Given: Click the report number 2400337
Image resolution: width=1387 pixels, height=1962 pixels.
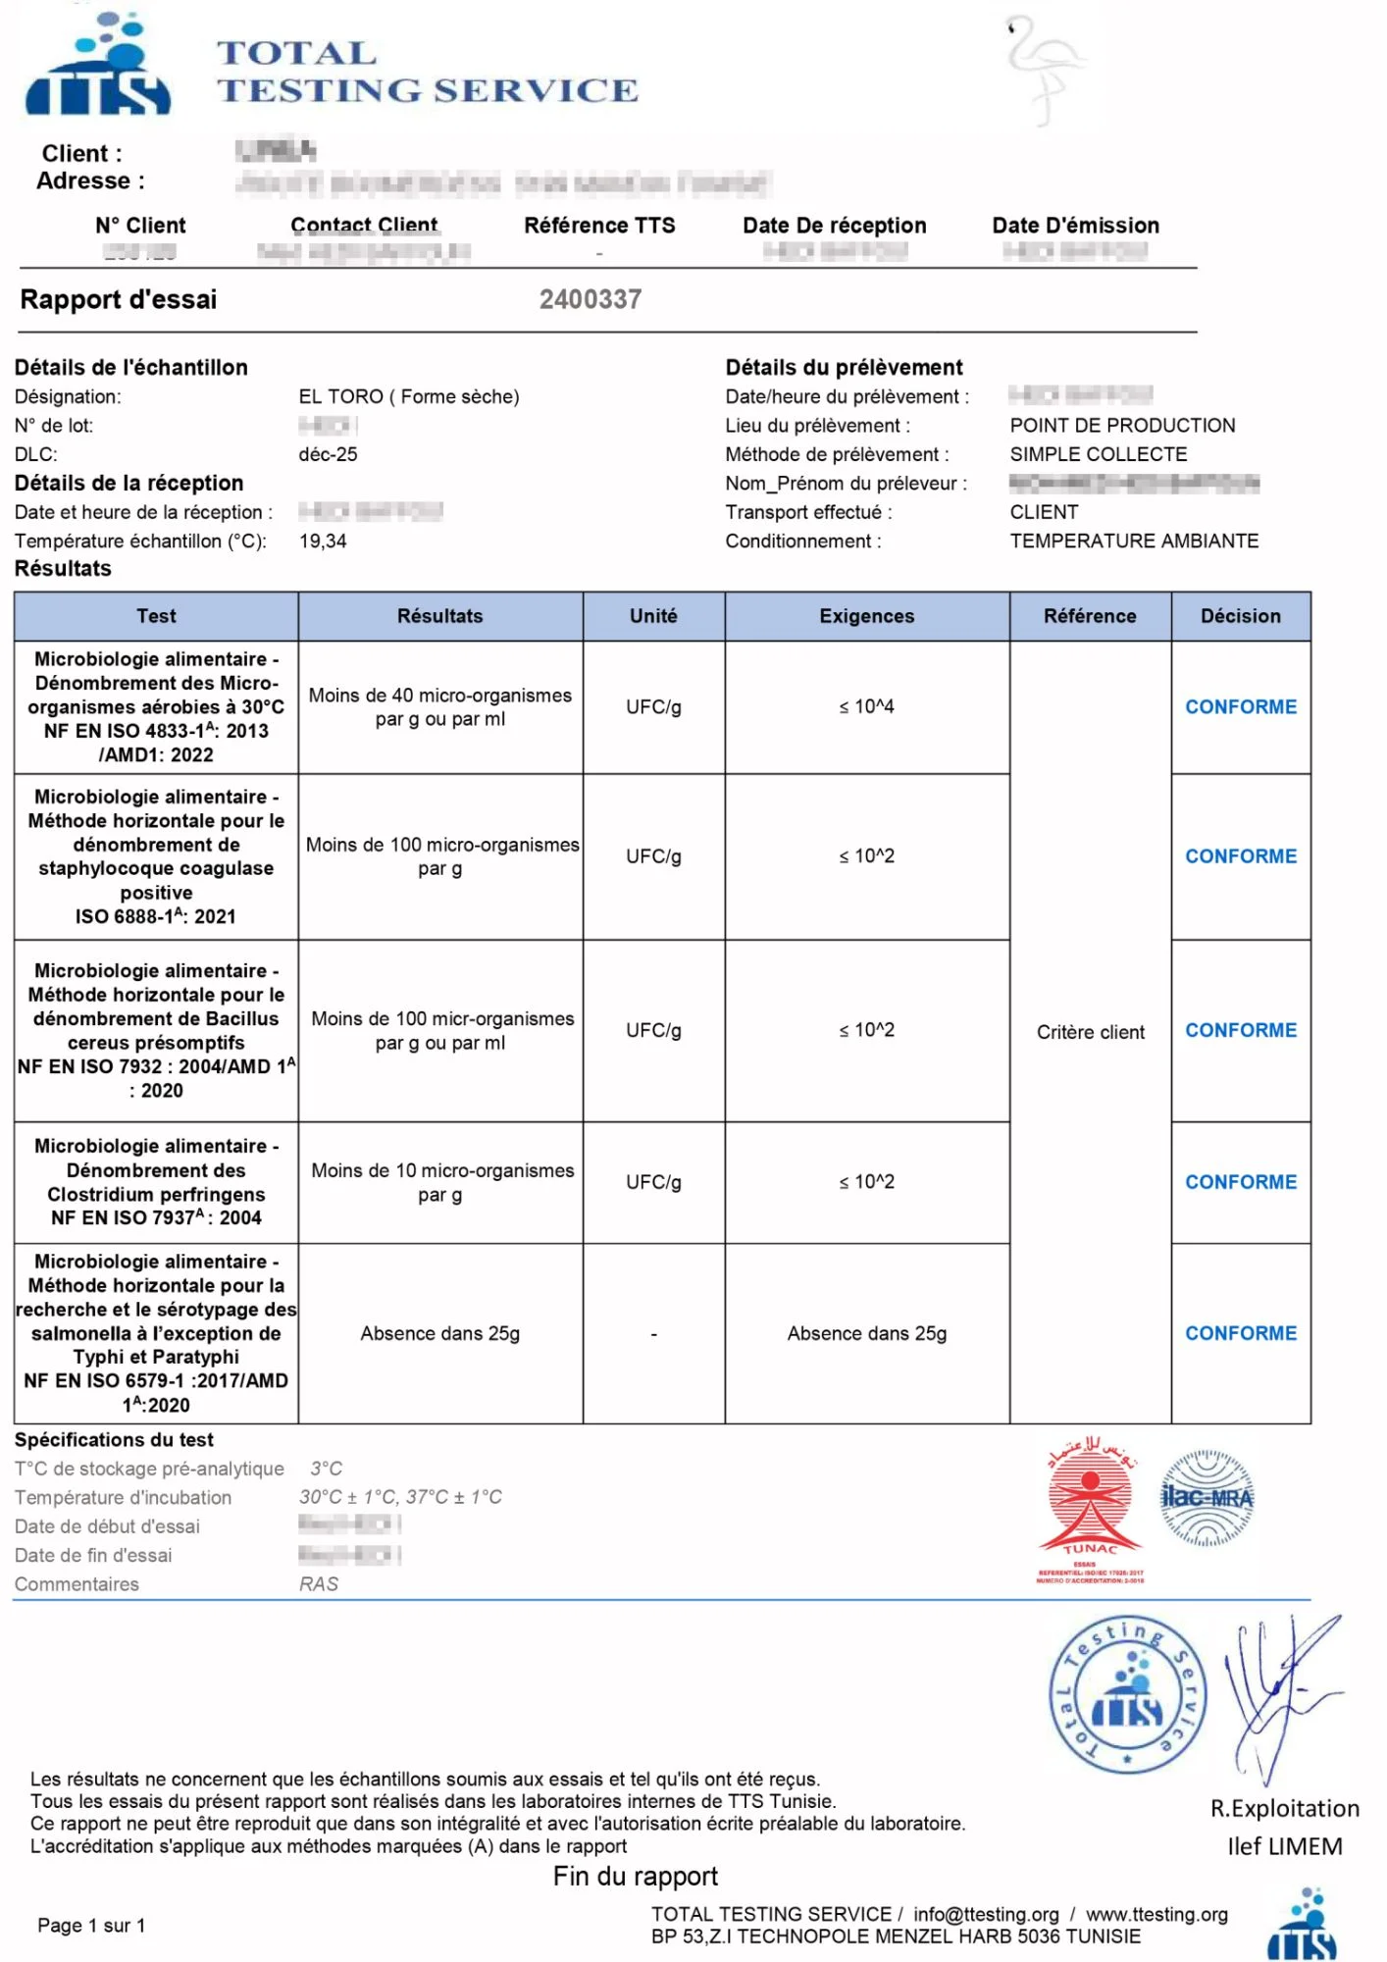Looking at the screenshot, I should click(x=590, y=299).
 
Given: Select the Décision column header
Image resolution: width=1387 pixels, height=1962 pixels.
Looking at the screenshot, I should click(x=1240, y=616).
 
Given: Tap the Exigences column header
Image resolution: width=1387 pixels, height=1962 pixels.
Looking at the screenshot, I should click(x=866, y=616).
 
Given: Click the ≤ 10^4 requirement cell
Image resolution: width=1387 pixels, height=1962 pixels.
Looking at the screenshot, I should click(x=866, y=706).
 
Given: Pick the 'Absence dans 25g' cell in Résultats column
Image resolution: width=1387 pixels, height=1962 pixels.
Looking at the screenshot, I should click(x=439, y=1333).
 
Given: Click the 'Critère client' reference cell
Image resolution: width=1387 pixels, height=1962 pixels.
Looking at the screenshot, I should click(x=1090, y=1032).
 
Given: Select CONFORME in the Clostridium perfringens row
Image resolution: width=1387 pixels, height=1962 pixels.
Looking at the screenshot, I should click(x=1240, y=1182).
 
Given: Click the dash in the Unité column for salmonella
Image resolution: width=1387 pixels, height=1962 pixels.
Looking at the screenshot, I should click(x=653, y=1334).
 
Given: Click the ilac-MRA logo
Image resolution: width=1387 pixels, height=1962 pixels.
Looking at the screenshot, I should click(x=1207, y=1498).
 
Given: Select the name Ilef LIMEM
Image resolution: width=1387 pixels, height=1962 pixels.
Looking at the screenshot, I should click(x=1284, y=1846).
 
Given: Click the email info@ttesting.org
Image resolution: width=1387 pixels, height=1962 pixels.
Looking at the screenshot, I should click(x=986, y=1914).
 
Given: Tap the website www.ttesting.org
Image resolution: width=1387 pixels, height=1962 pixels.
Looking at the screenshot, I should click(x=1156, y=1914).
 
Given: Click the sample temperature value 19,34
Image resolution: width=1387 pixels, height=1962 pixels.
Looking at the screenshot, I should click(x=323, y=541).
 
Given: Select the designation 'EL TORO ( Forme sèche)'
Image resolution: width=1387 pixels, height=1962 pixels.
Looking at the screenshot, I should click(x=409, y=396).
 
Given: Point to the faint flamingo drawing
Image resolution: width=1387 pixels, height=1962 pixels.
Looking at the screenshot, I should click(x=1044, y=69).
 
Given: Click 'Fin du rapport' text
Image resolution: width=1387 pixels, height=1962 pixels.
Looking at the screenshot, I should click(x=635, y=1876).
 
